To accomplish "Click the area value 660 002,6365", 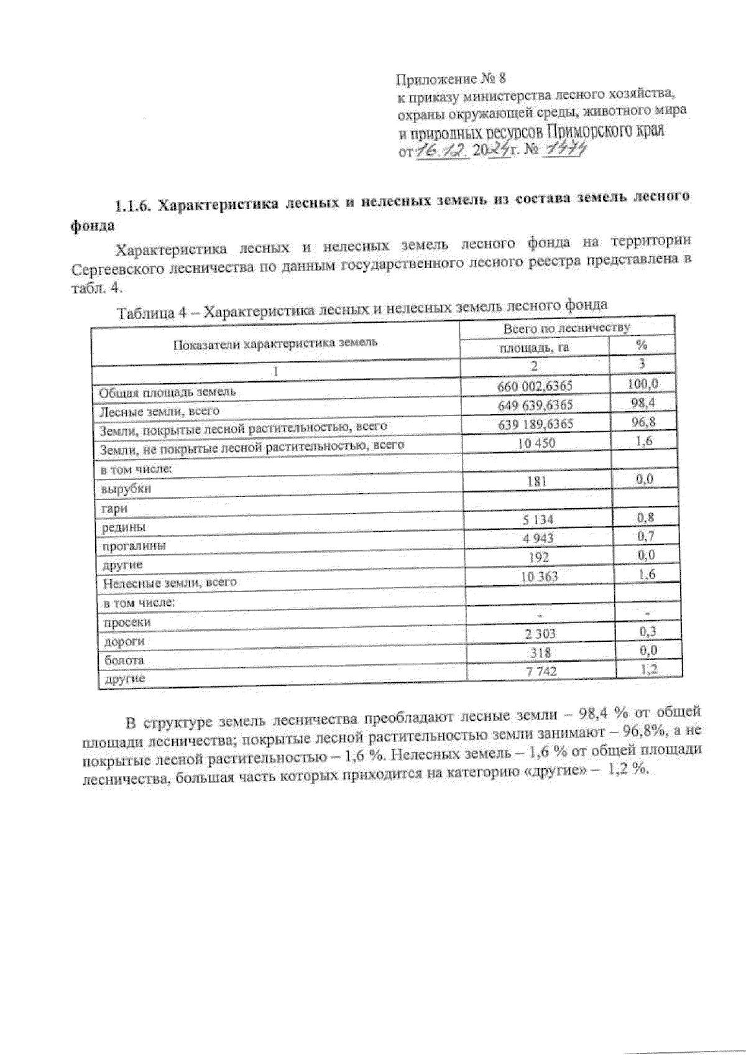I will [x=535, y=386].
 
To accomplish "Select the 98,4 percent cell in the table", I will [x=642, y=403].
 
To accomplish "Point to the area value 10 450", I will [x=536, y=443].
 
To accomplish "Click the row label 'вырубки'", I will [x=126, y=489].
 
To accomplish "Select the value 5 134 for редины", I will [x=538, y=519].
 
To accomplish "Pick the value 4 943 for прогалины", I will [x=538, y=538].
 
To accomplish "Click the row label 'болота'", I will [x=124, y=660].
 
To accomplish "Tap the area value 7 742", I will [x=540, y=671].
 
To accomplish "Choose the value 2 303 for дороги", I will [x=540, y=634].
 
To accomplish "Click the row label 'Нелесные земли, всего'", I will [x=170, y=583].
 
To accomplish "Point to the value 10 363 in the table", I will [x=539, y=577].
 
